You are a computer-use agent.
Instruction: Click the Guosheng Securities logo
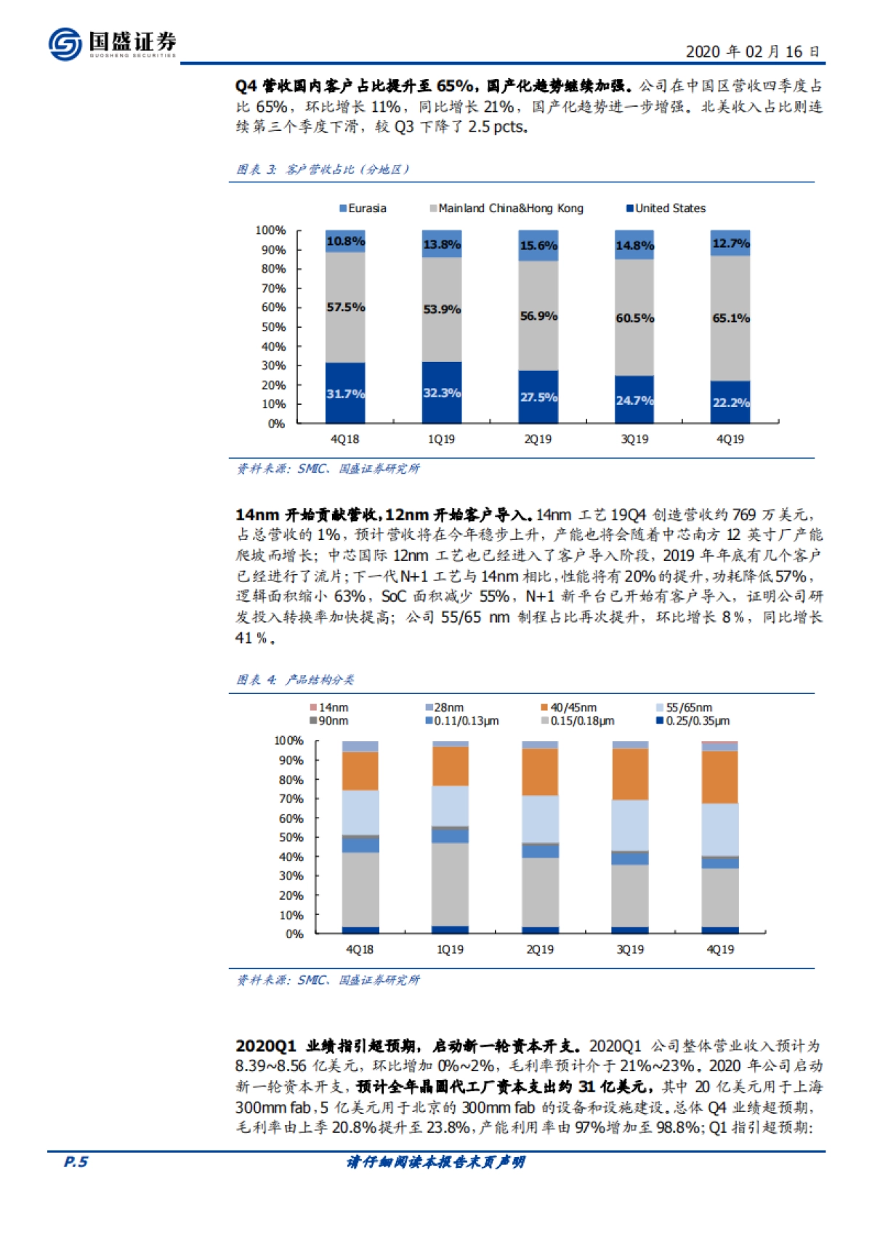(112, 44)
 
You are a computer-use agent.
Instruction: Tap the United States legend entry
(666, 209)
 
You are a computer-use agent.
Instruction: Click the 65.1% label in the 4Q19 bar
(730, 318)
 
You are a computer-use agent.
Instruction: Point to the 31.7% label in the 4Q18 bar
(345, 394)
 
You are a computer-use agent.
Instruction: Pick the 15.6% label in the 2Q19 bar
(538, 246)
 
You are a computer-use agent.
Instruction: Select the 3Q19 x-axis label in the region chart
(634, 440)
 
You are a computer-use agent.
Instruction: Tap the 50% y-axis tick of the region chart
(273, 327)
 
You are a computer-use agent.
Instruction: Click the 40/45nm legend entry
(569, 708)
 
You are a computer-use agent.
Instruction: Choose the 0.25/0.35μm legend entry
(693, 721)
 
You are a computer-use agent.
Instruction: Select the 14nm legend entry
(329, 708)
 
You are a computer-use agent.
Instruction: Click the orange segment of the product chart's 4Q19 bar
(720, 776)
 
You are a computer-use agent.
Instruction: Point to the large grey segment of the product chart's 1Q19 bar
(451, 884)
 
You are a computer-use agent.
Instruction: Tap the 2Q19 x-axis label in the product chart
(540, 950)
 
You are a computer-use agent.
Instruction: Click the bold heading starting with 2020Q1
(408, 1046)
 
